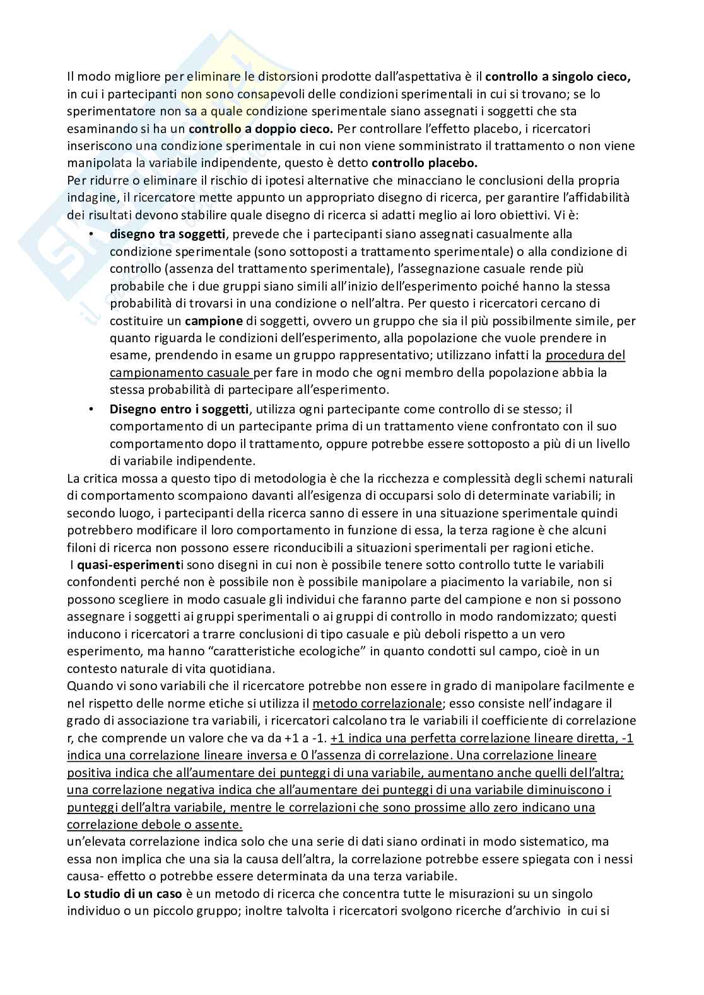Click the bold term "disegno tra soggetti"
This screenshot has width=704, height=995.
point(167,234)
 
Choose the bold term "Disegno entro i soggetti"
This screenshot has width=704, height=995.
point(179,408)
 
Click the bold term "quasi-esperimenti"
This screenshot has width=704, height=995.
point(122,565)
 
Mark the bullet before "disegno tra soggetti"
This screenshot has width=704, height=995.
point(92,234)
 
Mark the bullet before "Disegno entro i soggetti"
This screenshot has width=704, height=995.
point(92,408)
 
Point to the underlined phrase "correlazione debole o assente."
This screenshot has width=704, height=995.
point(155,824)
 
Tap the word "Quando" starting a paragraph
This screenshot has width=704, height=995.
point(86,686)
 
